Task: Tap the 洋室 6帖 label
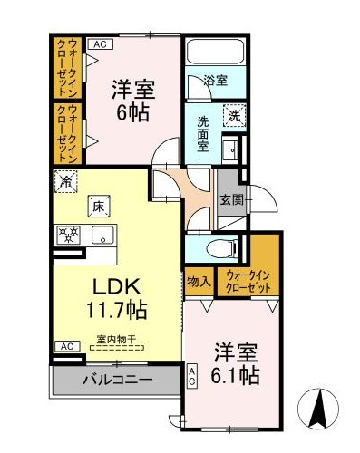click(x=133, y=101)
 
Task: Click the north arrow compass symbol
click(x=318, y=409)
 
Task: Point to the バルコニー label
click(x=118, y=380)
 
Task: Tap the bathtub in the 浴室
click(x=216, y=51)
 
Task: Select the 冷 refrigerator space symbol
click(x=65, y=181)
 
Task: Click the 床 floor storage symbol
click(x=99, y=206)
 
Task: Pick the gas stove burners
click(x=68, y=235)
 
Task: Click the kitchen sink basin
click(x=103, y=235)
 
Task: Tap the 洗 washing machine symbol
click(x=234, y=116)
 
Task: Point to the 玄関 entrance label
click(x=231, y=199)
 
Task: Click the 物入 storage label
click(x=199, y=282)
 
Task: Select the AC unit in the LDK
click(x=67, y=346)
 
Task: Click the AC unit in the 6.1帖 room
click(x=192, y=376)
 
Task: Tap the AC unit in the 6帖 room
click(x=101, y=44)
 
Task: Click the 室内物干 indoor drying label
click(x=116, y=339)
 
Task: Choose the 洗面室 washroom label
click(x=203, y=134)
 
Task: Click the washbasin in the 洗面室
click(x=230, y=149)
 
